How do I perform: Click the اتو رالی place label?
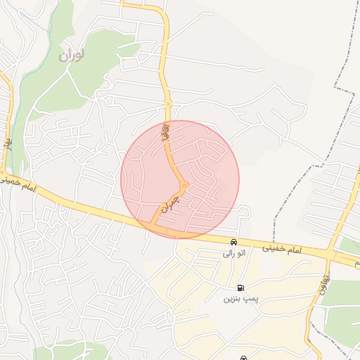[x=233, y=253]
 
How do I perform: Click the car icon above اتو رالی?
[x=233, y=242]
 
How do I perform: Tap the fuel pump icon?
[x=241, y=288]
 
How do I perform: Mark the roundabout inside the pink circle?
[x=184, y=186]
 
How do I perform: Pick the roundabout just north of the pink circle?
[x=168, y=104]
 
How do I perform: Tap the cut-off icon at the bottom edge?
[x=243, y=357]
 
